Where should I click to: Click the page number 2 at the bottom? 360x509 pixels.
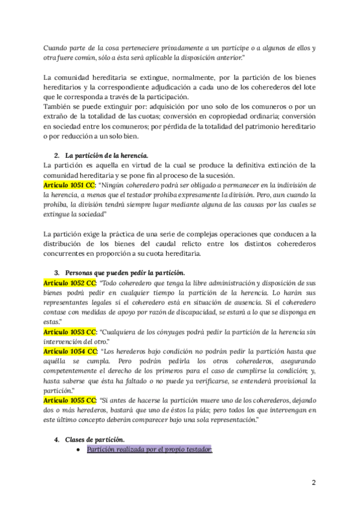(x=313, y=482)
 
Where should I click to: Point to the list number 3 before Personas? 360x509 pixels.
(x=56, y=273)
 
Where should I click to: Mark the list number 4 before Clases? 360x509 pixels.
(x=56, y=439)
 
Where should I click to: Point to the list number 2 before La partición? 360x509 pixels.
(x=56, y=155)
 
